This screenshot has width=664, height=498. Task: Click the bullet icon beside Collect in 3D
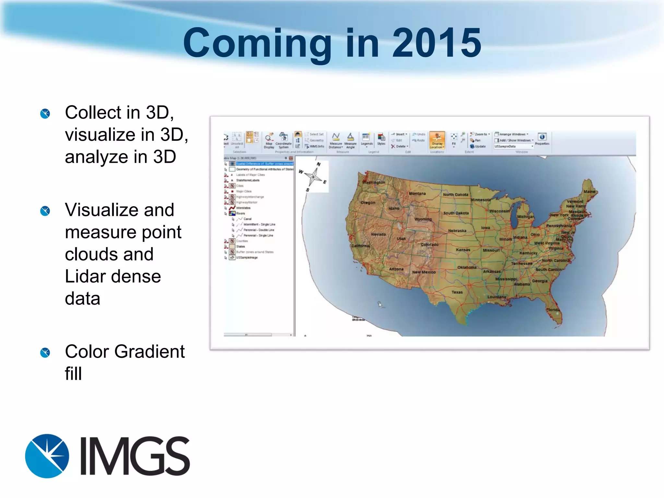point(45,113)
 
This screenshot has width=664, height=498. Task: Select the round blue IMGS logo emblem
point(47,456)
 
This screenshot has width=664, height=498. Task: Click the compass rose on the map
point(313,177)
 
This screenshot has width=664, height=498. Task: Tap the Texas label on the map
point(457,292)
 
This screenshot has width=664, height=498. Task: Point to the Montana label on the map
point(417,194)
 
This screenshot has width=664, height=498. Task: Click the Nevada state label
point(378,234)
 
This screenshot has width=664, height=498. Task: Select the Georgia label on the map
point(539,281)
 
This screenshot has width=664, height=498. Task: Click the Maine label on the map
point(589,192)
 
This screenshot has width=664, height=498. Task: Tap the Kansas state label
point(463,250)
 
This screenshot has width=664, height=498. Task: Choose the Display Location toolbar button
point(437,140)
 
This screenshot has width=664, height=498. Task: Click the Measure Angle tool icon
point(350,140)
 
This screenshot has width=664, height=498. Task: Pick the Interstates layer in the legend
point(243,208)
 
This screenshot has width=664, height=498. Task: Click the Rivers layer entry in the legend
point(240,213)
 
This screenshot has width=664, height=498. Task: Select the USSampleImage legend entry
point(247,257)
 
